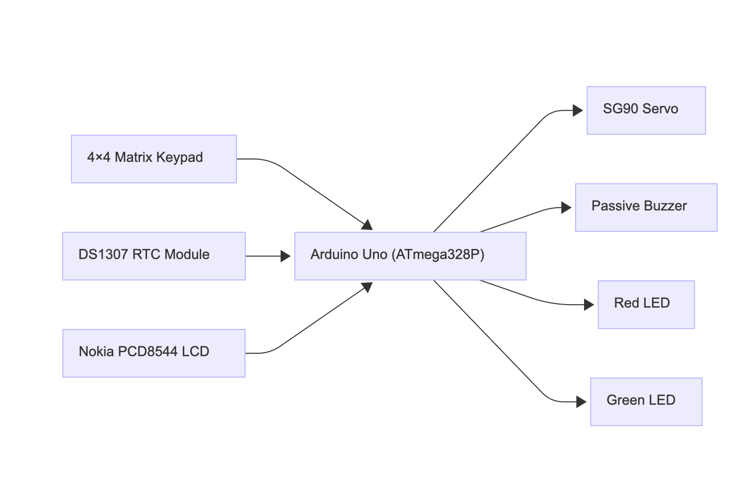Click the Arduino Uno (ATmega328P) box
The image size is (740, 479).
coord(410,256)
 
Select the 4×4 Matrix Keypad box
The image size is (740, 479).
coord(154,159)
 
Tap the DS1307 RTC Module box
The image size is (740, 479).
coord(154,256)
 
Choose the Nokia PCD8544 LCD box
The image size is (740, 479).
coord(154,353)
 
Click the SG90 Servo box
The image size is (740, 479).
coord(646,110)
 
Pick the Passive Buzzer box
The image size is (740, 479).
coord(646,208)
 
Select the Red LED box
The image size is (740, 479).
coord(646,305)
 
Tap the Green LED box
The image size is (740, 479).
coord(646,401)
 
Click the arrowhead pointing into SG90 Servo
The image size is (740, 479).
coord(578,110)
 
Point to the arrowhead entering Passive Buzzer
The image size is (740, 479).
coord(566,208)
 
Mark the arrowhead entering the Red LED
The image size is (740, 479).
coord(589,305)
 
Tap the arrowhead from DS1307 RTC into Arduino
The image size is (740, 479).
coord(286,256)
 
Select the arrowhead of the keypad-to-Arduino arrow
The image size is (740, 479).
coord(368,225)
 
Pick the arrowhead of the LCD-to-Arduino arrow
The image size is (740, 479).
coord(368,287)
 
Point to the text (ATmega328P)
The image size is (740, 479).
coord(438,254)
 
